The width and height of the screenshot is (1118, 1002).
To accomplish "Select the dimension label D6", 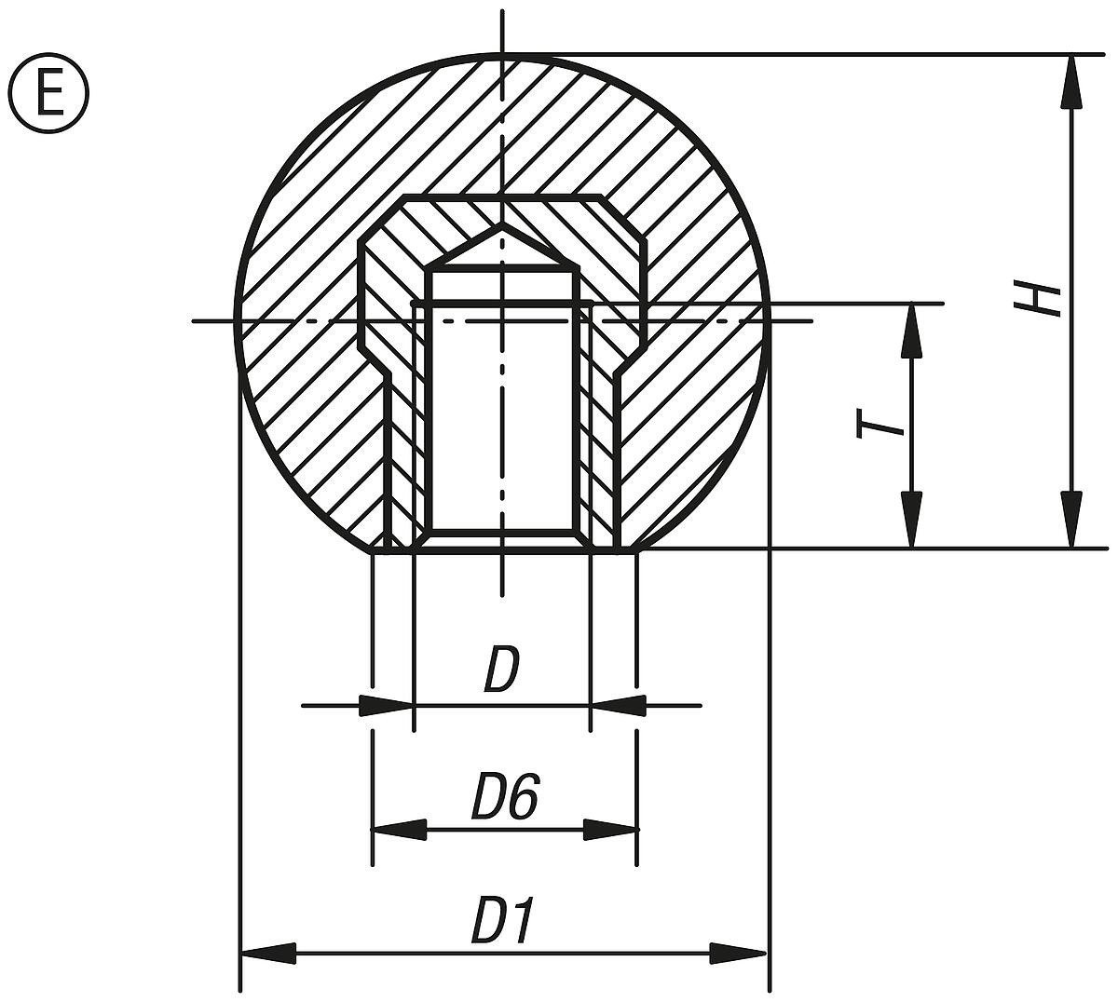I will (x=504, y=798).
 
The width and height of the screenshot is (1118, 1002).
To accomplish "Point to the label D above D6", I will (x=500, y=672).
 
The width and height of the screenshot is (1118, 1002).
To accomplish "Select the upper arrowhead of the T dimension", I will (x=912, y=331).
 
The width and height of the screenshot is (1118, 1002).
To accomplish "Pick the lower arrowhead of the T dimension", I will (x=912, y=520).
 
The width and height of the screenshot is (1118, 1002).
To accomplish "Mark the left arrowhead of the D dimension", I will (x=386, y=706).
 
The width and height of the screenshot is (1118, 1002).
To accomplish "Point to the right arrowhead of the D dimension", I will (x=618, y=706).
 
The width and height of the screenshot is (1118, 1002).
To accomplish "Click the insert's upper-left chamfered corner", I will (x=382, y=219).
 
